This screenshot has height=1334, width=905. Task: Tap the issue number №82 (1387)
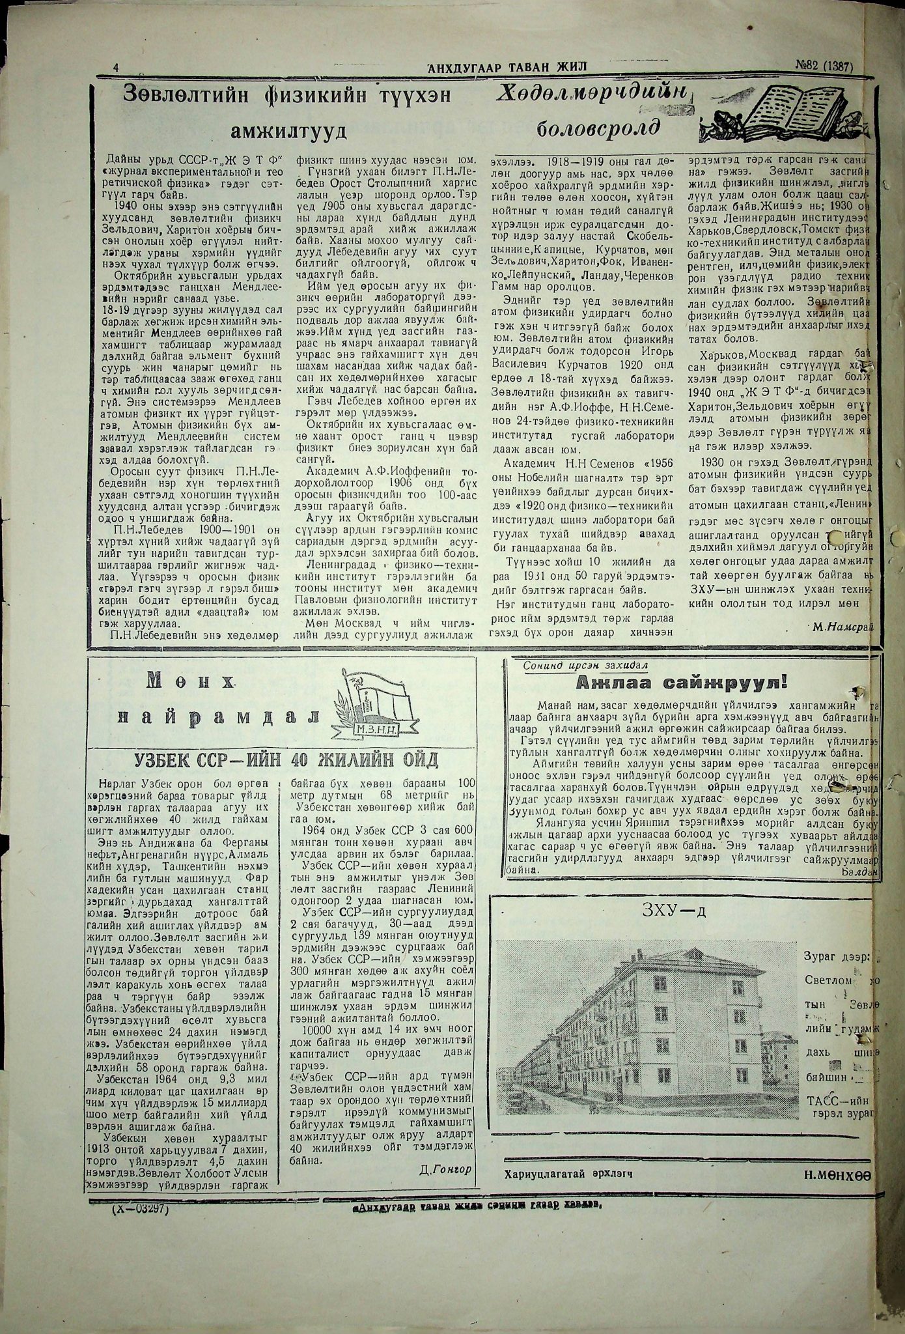click(824, 65)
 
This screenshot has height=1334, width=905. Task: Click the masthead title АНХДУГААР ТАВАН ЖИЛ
click(507, 66)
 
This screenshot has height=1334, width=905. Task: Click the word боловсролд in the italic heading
click(598, 128)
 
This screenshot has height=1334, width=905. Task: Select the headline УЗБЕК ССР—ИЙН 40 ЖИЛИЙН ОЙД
click(286, 760)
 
